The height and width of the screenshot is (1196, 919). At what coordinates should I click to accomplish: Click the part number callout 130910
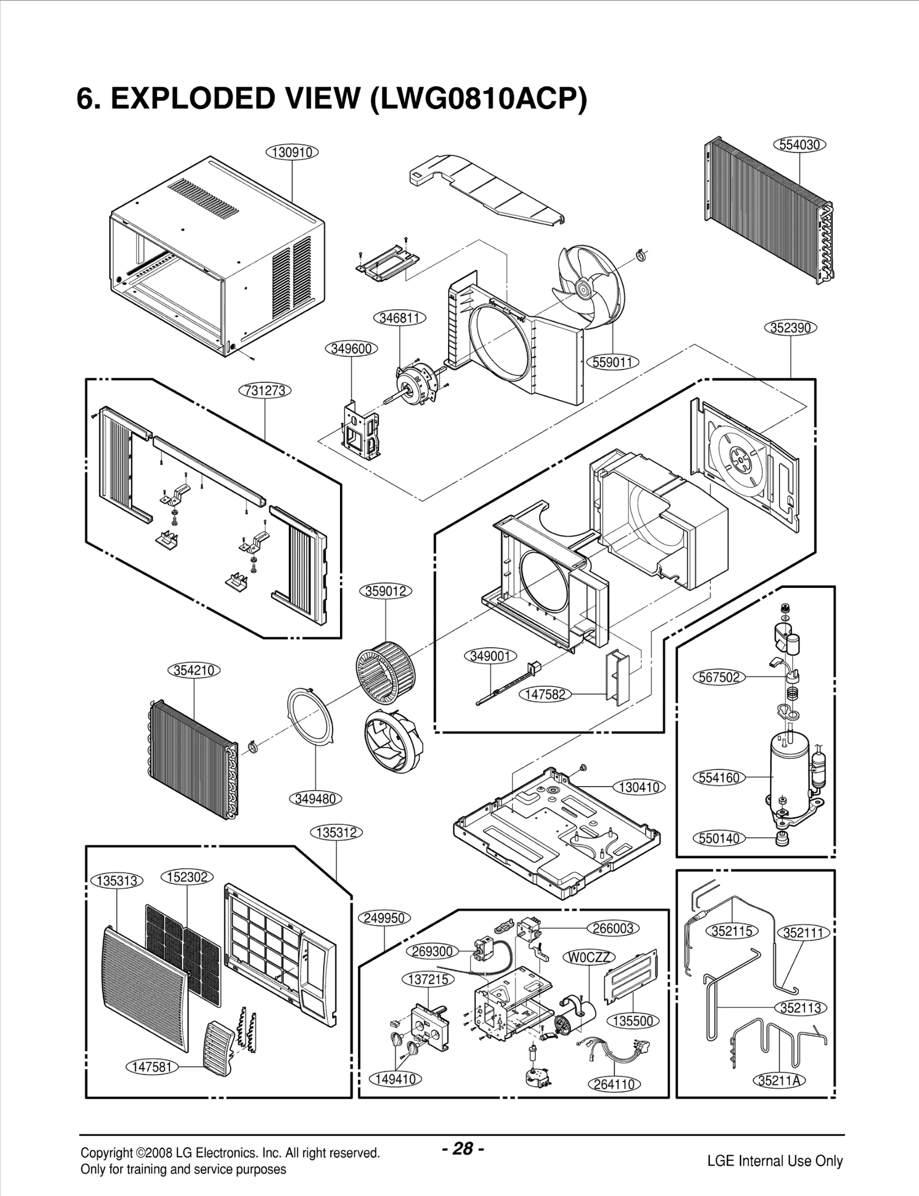(292, 152)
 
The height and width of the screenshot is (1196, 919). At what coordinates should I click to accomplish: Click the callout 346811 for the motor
(399, 318)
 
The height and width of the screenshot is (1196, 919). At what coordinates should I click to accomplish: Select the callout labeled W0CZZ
(590, 957)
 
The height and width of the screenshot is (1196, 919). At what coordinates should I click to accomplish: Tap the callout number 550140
(719, 839)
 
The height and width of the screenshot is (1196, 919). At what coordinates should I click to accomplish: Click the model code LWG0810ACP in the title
(478, 99)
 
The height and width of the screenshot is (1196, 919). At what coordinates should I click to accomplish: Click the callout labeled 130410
(639, 787)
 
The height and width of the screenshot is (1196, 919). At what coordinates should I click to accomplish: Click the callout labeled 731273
(265, 391)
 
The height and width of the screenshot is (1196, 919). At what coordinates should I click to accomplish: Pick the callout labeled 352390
(790, 328)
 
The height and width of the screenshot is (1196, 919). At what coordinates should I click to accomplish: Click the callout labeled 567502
(719, 678)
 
